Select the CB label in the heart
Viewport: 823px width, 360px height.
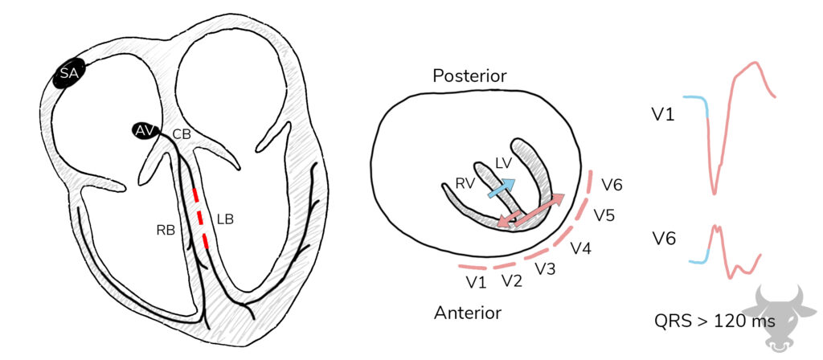pos(182,134)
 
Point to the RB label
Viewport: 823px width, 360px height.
pos(166,231)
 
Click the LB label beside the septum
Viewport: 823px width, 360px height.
pos(224,219)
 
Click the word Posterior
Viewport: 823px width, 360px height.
pos(469,76)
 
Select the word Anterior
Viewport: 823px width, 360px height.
pos(468,313)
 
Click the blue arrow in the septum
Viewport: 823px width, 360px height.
pos(502,188)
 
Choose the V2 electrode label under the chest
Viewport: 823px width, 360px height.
pos(512,281)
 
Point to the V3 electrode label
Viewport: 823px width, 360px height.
pos(546,269)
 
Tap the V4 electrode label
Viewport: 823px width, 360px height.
pos(582,248)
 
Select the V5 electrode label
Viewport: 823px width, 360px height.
pos(604,215)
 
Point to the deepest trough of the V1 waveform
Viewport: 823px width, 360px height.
pos(714,194)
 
